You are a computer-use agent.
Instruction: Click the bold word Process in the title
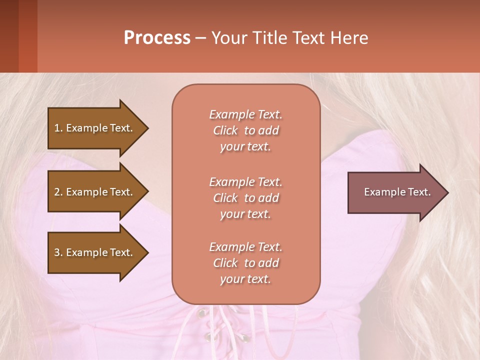tap(157, 38)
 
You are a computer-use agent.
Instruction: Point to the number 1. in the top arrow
tap(58, 128)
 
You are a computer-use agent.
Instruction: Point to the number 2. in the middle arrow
tap(58, 192)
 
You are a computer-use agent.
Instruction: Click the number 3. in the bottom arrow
tap(58, 252)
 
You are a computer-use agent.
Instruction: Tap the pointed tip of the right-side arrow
tap(446, 192)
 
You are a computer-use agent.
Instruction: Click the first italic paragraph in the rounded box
tap(245, 130)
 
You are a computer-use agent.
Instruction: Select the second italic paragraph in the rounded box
tap(245, 198)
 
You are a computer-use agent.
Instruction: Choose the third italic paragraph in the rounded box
tap(245, 263)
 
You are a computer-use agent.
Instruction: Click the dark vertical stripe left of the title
tap(27, 36)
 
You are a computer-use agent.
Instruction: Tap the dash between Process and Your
tap(200, 38)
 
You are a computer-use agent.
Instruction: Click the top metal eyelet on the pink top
tap(202, 313)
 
